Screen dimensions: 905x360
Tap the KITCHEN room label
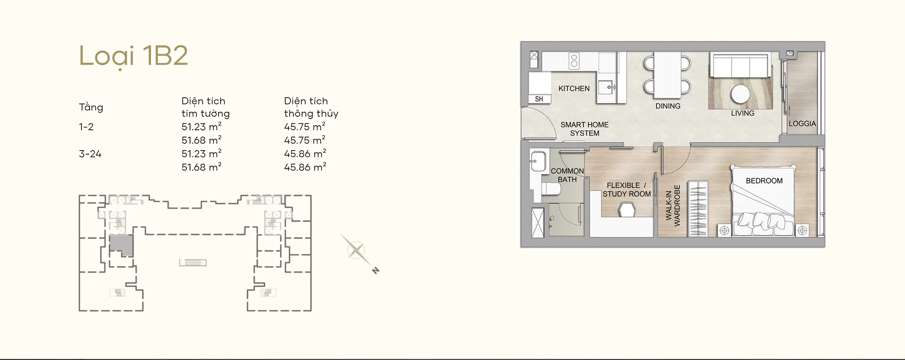574,89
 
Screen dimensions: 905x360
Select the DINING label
668,106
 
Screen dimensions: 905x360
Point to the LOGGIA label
802,123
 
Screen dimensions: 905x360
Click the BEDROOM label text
764,181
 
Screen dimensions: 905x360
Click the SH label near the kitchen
539,99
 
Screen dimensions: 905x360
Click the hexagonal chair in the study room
627,210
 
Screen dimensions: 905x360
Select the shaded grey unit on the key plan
121,245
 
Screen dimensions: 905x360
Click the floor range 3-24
90,154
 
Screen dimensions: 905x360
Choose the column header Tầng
91,107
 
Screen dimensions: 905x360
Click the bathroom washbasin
538,161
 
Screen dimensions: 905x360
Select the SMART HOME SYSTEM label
585,129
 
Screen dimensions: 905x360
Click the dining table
667,75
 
